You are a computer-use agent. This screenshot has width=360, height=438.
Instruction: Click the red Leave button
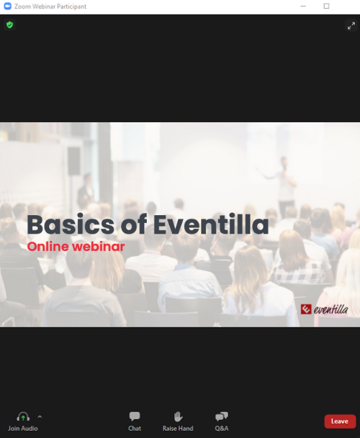tap(340, 421)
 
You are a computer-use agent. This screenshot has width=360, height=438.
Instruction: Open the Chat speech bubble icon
tap(135, 416)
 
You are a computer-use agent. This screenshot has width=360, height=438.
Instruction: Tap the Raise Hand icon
tap(178, 416)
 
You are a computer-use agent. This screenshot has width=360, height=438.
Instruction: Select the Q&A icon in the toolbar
tap(222, 416)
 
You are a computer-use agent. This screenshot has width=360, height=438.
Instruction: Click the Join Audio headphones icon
tap(23, 416)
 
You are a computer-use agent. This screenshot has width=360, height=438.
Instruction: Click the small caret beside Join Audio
tap(40, 416)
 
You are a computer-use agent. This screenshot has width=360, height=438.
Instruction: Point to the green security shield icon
tap(10, 25)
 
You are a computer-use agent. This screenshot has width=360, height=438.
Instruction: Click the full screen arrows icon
tap(351, 26)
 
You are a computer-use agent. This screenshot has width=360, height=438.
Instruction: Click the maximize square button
tap(326, 6)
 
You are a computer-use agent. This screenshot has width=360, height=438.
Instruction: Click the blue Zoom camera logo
tap(7, 6)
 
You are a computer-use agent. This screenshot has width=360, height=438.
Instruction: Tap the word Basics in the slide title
tap(71, 224)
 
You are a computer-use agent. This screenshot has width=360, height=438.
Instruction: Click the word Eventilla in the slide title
tap(211, 224)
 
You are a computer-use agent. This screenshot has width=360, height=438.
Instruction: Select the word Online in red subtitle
tap(48, 247)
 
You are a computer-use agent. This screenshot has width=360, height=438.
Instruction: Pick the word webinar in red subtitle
tap(98, 247)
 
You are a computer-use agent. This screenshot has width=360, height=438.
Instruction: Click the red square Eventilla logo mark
tap(306, 309)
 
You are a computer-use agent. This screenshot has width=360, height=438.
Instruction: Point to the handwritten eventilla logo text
tap(331, 309)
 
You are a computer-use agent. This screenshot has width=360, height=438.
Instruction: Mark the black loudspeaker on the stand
tap(74, 161)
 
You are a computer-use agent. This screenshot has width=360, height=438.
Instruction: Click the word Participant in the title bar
tap(71, 6)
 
